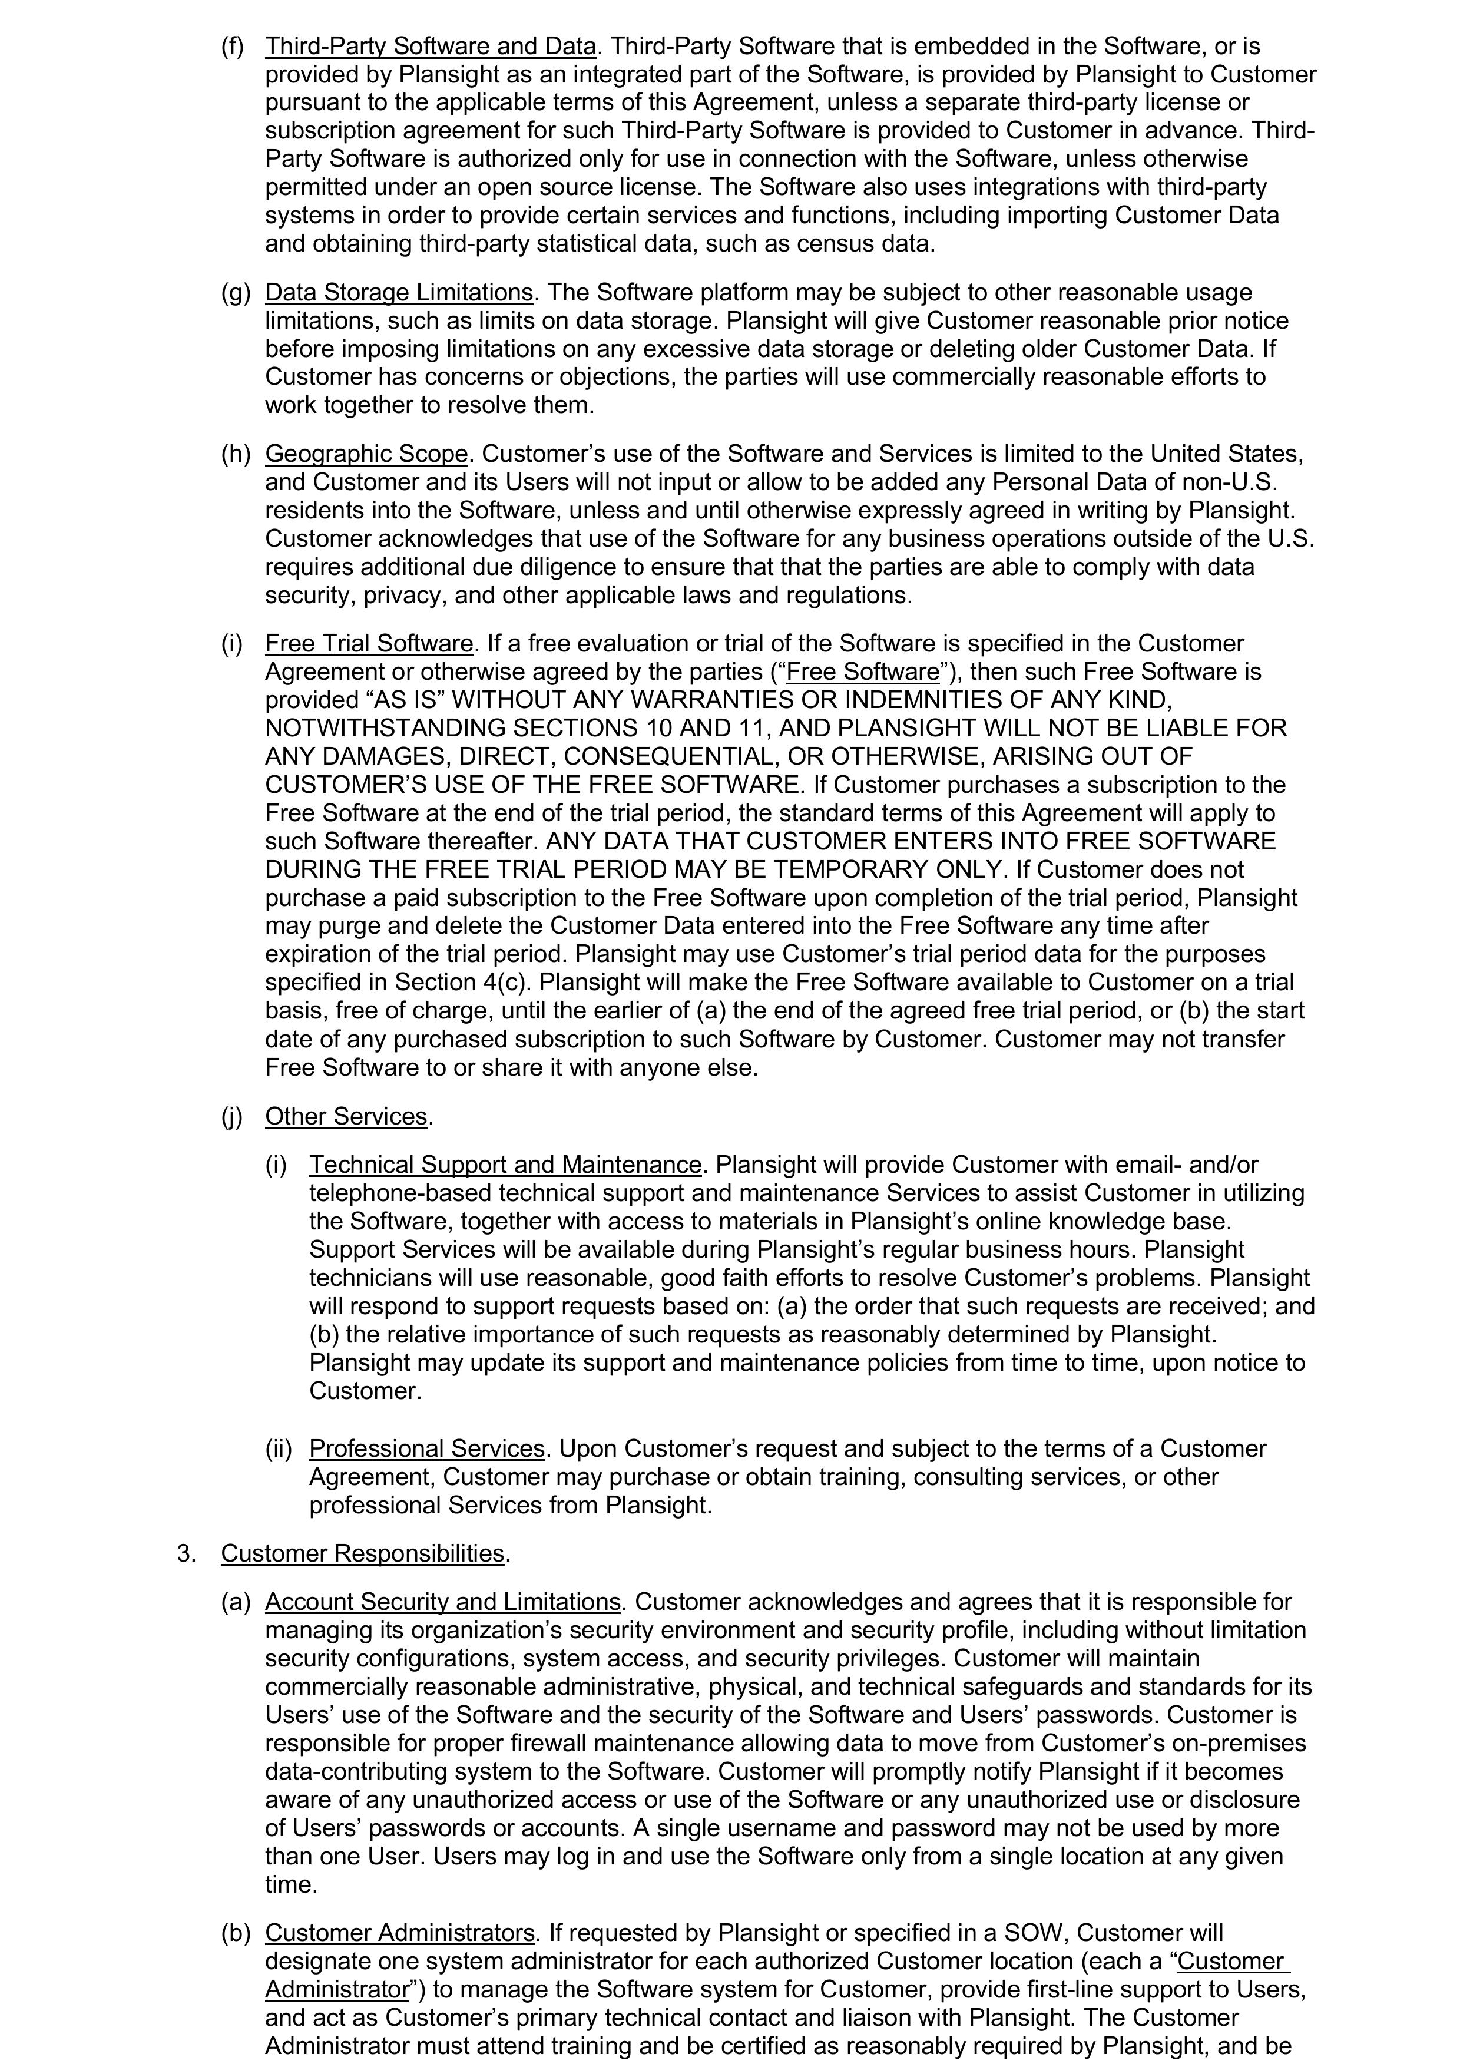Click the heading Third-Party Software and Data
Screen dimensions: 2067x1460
tap(431, 46)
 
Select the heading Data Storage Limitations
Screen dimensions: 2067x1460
tap(399, 293)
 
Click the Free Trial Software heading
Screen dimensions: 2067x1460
tap(369, 644)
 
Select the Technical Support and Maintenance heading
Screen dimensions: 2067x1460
tap(505, 1165)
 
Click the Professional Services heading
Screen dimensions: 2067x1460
tap(428, 1448)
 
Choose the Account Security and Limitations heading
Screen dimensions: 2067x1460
tap(443, 1602)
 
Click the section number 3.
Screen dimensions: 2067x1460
tap(186, 1554)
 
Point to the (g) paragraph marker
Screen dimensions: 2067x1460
tap(235, 293)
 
